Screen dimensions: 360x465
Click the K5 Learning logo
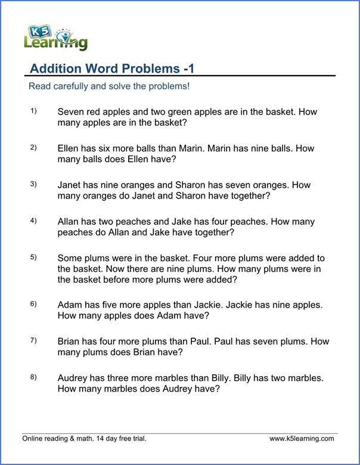tap(55, 38)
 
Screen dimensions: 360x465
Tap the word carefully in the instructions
tap(70, 86)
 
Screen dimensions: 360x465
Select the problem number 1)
tap(33, 111)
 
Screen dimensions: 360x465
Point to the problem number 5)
tap(33, 258)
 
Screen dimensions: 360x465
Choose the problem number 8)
tap(33, 377)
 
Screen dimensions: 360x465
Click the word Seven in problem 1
tap(72, 112)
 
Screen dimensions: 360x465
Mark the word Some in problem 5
tap(70, 259)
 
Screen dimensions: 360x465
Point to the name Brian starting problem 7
tap(70, 342)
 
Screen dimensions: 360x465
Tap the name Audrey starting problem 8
tap(73, 378)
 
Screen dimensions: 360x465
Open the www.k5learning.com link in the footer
tap(302, 439)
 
